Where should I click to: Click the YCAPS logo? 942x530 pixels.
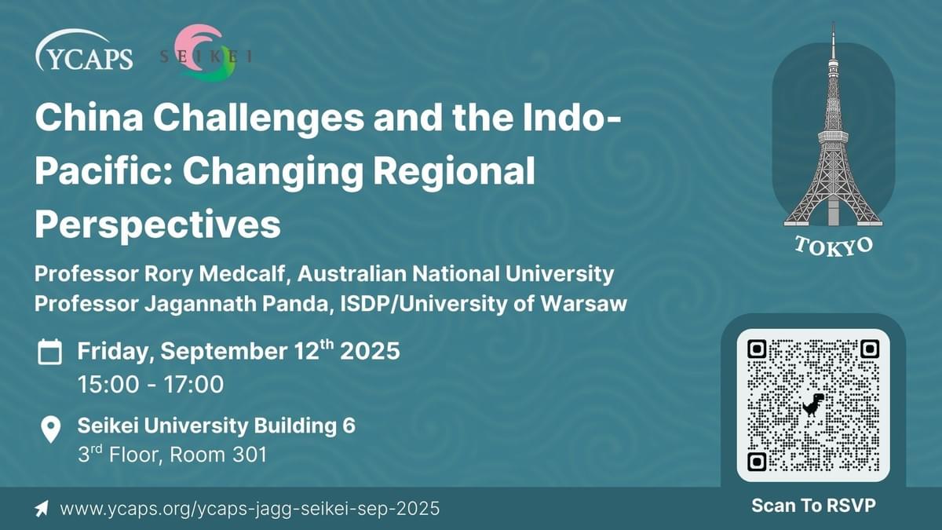[x=84, y=50]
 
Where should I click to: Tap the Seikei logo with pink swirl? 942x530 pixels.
[x=206, y=53]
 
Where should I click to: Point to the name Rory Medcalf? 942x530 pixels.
[x=214, y=274]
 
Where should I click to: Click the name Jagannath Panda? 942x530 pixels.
[x=236, y=304]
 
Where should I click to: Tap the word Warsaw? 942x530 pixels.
[x=584, y=304]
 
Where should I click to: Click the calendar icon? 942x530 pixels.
[x=49, y=352]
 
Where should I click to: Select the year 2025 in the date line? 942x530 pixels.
[x=370, y=351]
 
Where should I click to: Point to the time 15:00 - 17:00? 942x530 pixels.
[x=151, y=385]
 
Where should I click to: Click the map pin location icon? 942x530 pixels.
[x=51, y=429]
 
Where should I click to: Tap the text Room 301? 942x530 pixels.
[x=218, y=455]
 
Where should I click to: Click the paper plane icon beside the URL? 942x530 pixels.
[x=42, y=509]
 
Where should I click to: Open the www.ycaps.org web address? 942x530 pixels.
[x=250, y=509]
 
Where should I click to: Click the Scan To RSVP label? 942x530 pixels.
[x=813, y=506]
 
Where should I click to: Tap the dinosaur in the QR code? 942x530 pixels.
[x=813, y=404]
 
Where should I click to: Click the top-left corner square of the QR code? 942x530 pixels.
[x=757, y=349]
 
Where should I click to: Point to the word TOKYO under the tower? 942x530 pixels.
[x=834, y=247]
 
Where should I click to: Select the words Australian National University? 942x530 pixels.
[x=455, y=274]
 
